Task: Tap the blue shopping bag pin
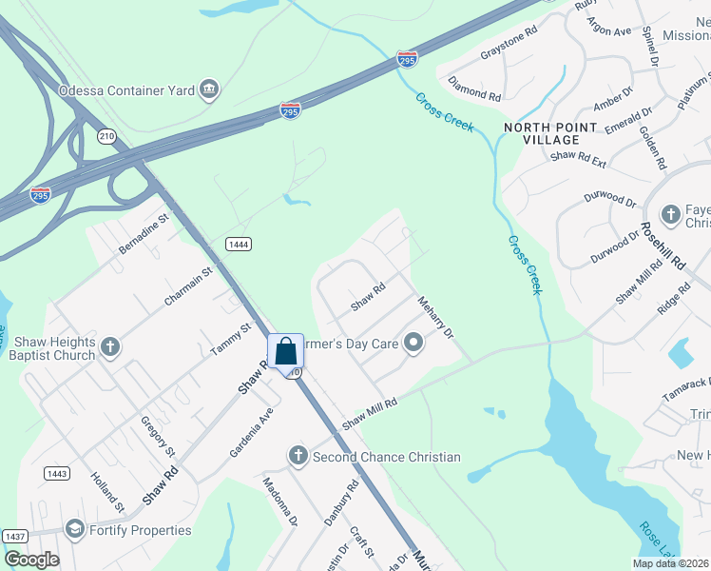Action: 285,353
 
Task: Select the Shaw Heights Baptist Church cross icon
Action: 109,347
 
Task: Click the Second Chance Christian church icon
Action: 298,457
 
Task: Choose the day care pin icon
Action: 413,343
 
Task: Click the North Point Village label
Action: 550,133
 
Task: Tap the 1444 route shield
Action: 239,245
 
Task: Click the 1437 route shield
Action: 14,537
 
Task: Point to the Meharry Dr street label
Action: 436,317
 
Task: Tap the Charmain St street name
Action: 187,286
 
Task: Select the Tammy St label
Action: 230,339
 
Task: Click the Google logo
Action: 32,559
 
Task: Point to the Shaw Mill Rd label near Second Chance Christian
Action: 369,412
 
